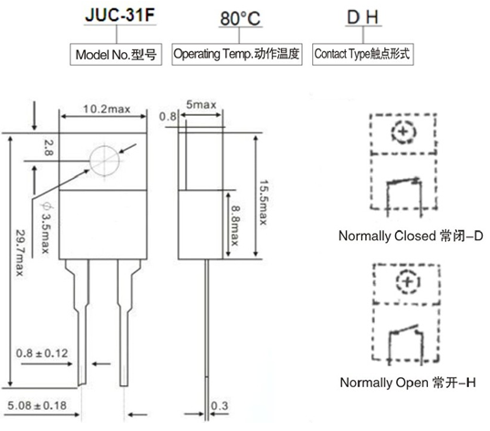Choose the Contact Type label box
[x=361, y=54]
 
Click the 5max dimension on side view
[x=202, y=105]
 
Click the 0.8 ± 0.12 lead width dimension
[x=41, y=351]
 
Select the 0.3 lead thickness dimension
[x=219, y=404]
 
